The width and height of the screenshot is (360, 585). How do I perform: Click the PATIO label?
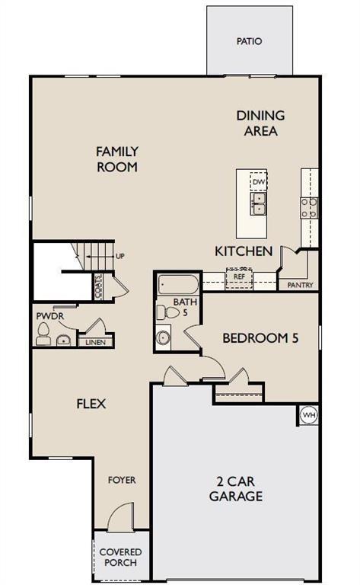tap(249, 41)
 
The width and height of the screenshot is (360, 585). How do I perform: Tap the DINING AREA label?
tap(260, 123)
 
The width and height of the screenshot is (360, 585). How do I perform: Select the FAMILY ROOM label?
tap(117, 158)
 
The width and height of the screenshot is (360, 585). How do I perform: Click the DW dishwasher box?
tap(259, 183)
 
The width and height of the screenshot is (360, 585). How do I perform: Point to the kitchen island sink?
tap(259, 203)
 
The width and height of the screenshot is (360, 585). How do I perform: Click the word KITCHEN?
tap(244, 251)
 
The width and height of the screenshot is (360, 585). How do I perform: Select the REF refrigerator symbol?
tap(238, 277)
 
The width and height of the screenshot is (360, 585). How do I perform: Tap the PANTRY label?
tap(299, 285)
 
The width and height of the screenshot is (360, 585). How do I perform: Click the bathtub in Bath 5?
tap(178, 286)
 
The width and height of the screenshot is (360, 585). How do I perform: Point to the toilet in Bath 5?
tap(163, 311)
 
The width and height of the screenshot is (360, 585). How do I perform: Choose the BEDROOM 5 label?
tap(260, 337)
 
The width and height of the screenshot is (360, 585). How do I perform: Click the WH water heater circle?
tap(308, 415)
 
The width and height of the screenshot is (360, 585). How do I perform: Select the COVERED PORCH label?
tap(120, 557)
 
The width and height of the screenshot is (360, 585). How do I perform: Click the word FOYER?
tap(122, 480)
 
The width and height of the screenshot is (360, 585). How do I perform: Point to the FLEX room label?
tap(91, 404)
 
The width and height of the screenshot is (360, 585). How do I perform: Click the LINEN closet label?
tap(94, 342)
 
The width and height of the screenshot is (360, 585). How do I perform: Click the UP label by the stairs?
tap(119, 257)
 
